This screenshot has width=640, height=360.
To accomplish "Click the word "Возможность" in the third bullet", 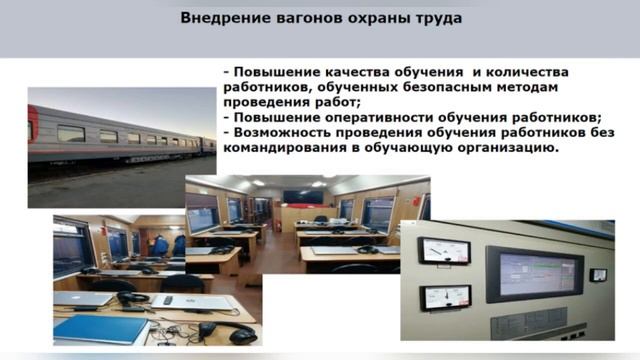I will coord(282,131).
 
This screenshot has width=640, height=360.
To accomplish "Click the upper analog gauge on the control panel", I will coord(435,250).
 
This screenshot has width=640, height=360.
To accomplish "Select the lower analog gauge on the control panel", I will coord(435,297).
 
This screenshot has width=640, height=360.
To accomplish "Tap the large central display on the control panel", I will coord(528,270).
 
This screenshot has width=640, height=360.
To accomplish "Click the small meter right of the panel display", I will coord(598,274).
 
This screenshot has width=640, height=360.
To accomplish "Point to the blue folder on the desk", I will coord(88,327).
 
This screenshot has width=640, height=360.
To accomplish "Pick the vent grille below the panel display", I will coord(528,322).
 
